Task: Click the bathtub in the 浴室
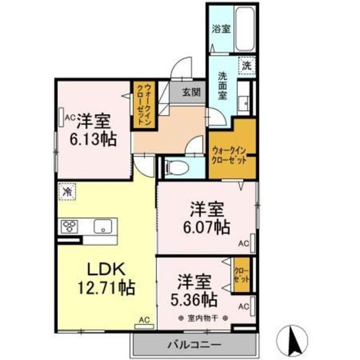245,29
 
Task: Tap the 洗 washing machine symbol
247,66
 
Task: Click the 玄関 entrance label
191,92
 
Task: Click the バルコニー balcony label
194,344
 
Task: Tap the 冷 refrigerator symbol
67,191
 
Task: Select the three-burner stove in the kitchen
69,226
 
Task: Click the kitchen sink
103,226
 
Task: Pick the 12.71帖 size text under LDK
106,287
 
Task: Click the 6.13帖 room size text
93,139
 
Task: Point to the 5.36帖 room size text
194,299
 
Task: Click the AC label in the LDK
144,319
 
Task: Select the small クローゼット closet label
241,275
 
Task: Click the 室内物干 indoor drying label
202,318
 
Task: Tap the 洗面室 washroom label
222,86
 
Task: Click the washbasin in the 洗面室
243,101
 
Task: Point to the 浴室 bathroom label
221,28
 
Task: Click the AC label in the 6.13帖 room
70,118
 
